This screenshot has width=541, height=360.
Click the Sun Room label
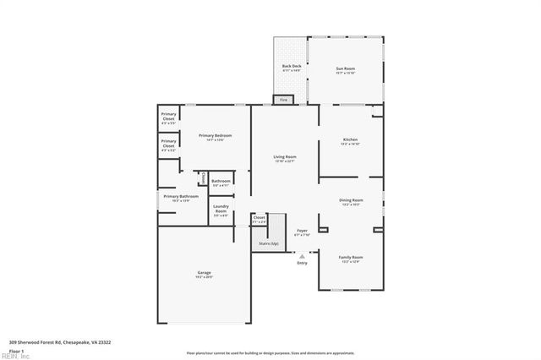coord(345,68)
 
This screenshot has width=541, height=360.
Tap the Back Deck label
coord(291,67)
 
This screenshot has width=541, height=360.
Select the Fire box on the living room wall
coord(284,100)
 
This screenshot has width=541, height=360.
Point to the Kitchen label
coord(350,139)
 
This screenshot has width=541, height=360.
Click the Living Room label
coord(284,157)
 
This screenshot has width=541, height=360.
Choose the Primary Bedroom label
coord(215,136)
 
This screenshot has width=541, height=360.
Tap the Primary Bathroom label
coord(181,196)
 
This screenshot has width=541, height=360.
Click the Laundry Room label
coord(221,209)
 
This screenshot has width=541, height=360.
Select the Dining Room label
coord(351,200)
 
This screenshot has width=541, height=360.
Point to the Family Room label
coord(351,257)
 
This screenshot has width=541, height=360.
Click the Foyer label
coord(302,230)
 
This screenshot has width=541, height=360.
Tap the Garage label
coord(204,272)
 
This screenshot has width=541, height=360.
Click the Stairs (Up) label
coord(269,243)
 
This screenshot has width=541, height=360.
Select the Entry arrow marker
coord(302,254)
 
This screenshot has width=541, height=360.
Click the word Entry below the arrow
coord(302,263)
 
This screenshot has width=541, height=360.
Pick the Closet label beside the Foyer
coord(260,218)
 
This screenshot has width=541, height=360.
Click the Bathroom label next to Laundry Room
coord(221,182)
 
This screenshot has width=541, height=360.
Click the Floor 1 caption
coord(17,350)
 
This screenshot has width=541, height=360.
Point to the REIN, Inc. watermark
coord(14,356)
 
